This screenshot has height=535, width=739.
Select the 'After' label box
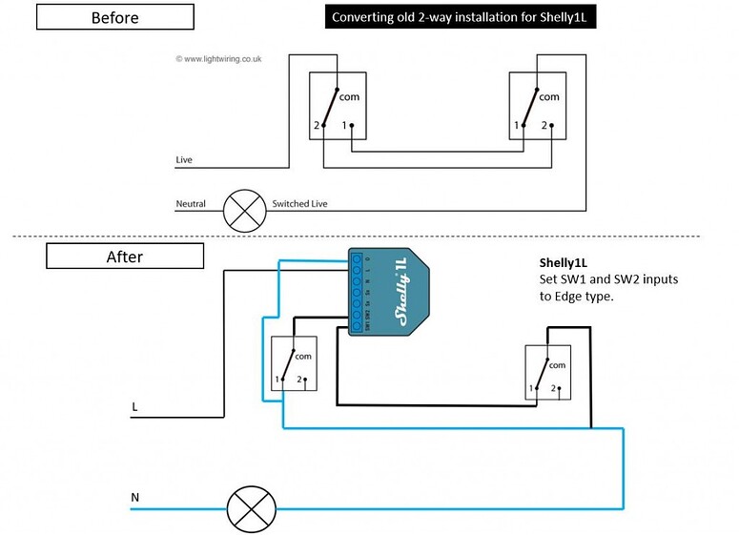(125, 256)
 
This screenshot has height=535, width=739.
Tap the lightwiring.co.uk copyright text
(218, 58)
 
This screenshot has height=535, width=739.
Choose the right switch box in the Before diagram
(539, 106)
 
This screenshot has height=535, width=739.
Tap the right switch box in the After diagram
(545, 373)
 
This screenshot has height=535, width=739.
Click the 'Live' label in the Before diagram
(184, 160)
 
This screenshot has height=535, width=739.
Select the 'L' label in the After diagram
(134, 407)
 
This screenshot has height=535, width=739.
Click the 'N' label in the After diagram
(134, 498)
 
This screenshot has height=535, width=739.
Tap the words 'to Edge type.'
(575, 296)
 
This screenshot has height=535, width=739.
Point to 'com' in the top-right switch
(549, 96)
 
